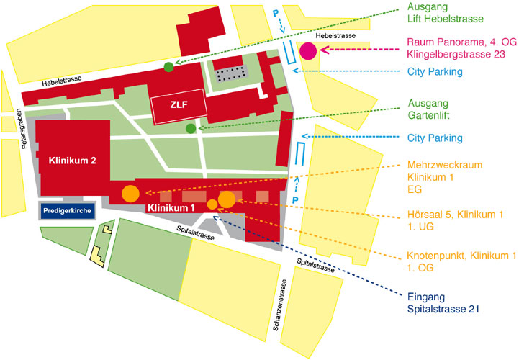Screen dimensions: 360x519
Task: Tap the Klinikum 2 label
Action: tap(73, 160)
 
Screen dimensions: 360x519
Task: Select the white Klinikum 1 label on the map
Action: tap(171, 208)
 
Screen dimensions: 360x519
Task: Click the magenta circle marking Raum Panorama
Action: tap(309, 50)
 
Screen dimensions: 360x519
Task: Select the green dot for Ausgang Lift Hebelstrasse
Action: tap(168, 67)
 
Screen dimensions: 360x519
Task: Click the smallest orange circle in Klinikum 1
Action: tap(212, 204)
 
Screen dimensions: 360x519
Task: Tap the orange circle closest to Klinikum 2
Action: tap(130, 193)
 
